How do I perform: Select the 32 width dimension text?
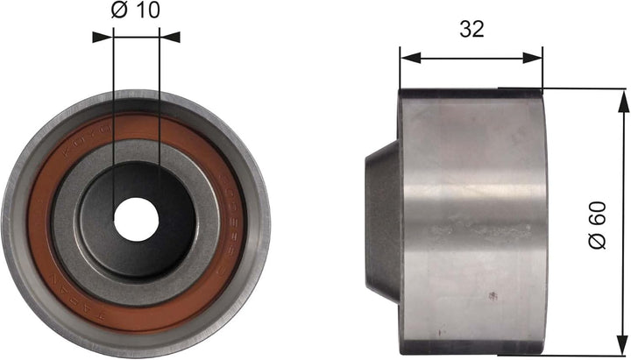[x=471, y=29]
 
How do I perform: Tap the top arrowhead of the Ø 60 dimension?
[x=623, y=99]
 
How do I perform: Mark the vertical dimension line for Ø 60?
[x=623, y=175]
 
